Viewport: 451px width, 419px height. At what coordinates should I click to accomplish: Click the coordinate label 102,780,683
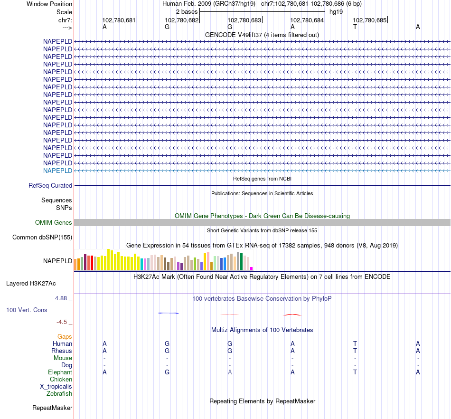coord(244,20)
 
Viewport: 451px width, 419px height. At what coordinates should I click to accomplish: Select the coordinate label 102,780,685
coord(369,20)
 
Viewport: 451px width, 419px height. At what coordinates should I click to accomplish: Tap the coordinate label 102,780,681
coord(119,20)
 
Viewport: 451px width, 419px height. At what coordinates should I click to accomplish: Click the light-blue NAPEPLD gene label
coord(57,171)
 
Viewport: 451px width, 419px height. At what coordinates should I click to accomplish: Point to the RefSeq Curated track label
coord(50,186)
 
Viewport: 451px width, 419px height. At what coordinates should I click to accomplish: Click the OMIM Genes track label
coord(54,223)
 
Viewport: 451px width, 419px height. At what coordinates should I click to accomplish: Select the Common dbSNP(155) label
coord(42,238)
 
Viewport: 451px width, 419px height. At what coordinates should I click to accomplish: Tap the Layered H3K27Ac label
coord(31,284)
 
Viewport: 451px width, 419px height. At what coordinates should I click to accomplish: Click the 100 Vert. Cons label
coord(26,310)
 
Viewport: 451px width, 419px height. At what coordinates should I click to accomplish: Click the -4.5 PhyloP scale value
coord(63,322)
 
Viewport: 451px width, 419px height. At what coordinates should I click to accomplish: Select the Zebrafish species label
coord(59,394)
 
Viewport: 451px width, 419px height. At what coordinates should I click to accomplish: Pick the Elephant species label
coord(60,372)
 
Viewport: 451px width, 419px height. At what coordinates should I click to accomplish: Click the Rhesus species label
coord(62,351)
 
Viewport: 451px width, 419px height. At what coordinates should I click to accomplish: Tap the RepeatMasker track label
coord(52,408)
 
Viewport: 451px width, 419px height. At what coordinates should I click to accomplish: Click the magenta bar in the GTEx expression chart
coord(252,268)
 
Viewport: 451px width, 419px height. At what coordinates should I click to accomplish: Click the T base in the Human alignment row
coord(355,344)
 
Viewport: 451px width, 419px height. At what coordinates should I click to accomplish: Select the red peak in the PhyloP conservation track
coord(292,314)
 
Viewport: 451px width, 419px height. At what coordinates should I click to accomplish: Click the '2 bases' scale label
coord(187,11)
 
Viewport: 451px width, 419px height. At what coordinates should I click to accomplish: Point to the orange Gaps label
coord(65,337)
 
